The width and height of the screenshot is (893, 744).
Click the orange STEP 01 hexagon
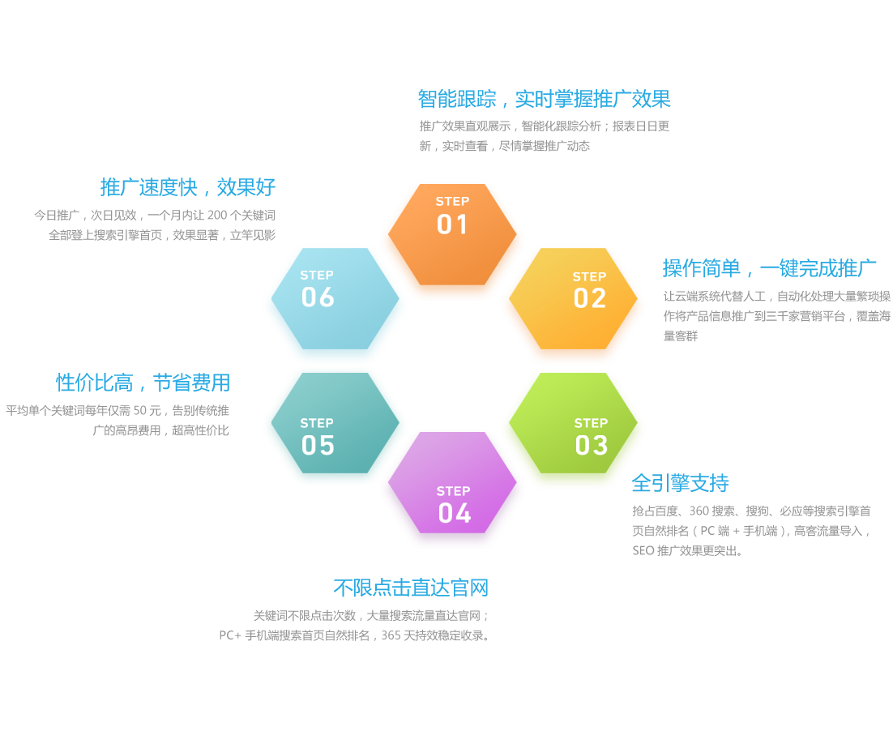click(x=452, y=234)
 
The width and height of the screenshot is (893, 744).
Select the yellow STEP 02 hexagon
click(x=573, y=298)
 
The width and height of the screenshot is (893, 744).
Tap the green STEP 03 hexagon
click(x=573, y=423)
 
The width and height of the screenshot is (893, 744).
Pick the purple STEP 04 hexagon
click(x=452, y=482)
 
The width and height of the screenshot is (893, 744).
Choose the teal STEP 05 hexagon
click(x=335, y=423)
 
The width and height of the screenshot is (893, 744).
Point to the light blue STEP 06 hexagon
click(x=335, y=298)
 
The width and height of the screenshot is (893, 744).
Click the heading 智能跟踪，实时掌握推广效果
click(x=544, y=99)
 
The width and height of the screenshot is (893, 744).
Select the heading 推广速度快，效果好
click(x=187, y=187)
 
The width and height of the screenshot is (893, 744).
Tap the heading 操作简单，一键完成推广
click(x=769, y=268)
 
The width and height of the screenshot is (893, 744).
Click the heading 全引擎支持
click(x=680, y=483)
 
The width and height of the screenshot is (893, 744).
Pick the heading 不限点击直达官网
click(x=411, y=588)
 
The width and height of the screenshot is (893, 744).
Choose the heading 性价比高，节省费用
click(x=143, y=383)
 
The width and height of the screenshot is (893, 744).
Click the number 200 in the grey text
click(x=217, y=216)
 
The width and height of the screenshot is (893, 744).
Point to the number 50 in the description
click(x=139, y=411)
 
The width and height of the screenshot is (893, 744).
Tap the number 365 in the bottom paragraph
click(x=391, y=635)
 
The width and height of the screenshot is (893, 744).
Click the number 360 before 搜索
click(x=699, y=511)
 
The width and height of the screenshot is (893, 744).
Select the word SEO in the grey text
click(x=643, y=551)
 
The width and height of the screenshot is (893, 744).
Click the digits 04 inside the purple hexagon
click(x=455, y=513)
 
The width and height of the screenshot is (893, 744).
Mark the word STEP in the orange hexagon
click(x=453, y=202)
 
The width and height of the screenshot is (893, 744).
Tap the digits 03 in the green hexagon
click(x=592, y=446)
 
